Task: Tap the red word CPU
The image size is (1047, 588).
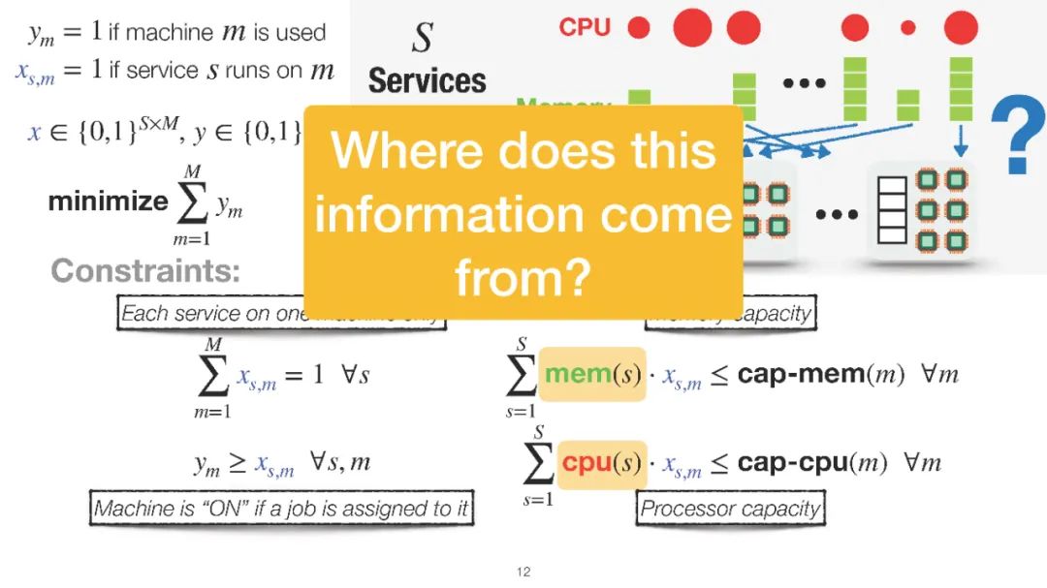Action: (x=585, y=27)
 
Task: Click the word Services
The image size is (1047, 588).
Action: (x=427, y=80)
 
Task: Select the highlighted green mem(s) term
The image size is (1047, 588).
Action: (x=591, y=374)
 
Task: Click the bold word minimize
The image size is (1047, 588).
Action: (x=108, y=201)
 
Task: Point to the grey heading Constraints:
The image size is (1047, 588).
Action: (x=145, y=270)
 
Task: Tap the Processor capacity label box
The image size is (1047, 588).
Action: (x=730, y=509)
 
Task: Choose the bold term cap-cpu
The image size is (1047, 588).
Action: (x=791, y=463)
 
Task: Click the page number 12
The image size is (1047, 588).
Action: (x=523, y=573)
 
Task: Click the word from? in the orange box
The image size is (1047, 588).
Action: (x=523, y=279)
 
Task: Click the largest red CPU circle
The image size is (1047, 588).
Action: (x=692, y=27)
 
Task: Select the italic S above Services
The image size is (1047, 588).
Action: (x=422, y=39)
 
